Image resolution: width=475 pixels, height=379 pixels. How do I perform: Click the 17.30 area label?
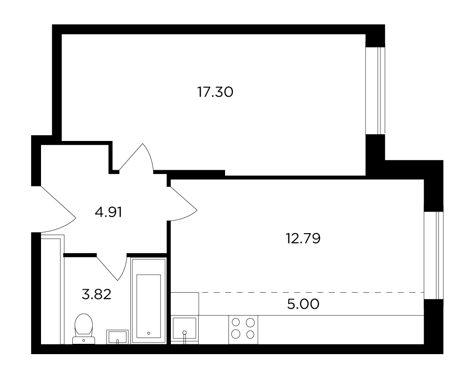tap(215, 92)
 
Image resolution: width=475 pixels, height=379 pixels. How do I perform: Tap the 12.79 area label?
tap(303, 239)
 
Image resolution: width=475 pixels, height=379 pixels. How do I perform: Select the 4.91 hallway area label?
tap(108, 212)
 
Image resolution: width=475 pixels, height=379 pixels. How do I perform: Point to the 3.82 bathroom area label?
tap(97, 294)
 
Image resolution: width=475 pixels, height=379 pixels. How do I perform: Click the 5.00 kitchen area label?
tap(303, 304)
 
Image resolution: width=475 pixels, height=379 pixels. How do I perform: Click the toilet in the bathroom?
tap(83, 329)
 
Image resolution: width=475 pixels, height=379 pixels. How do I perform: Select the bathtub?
tap(148, 301)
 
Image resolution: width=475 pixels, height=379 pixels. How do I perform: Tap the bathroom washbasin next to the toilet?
tap(117, 337)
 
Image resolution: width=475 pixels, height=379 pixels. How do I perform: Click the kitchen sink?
tap(185, 330)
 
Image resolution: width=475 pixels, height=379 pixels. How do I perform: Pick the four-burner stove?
tap(243, 330)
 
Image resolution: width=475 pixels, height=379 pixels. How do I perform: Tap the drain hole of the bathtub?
tap(148, 333)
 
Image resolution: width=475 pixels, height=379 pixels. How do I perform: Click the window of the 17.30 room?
tap(375, 91)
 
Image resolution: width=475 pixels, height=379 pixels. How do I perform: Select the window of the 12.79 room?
tap(434, 256)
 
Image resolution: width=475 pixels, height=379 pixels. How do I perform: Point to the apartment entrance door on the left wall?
tap(58, 209)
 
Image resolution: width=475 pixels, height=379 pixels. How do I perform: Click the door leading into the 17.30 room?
tap(136, 158)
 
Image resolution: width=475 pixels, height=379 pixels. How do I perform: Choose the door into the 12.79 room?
tap(183, 204)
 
